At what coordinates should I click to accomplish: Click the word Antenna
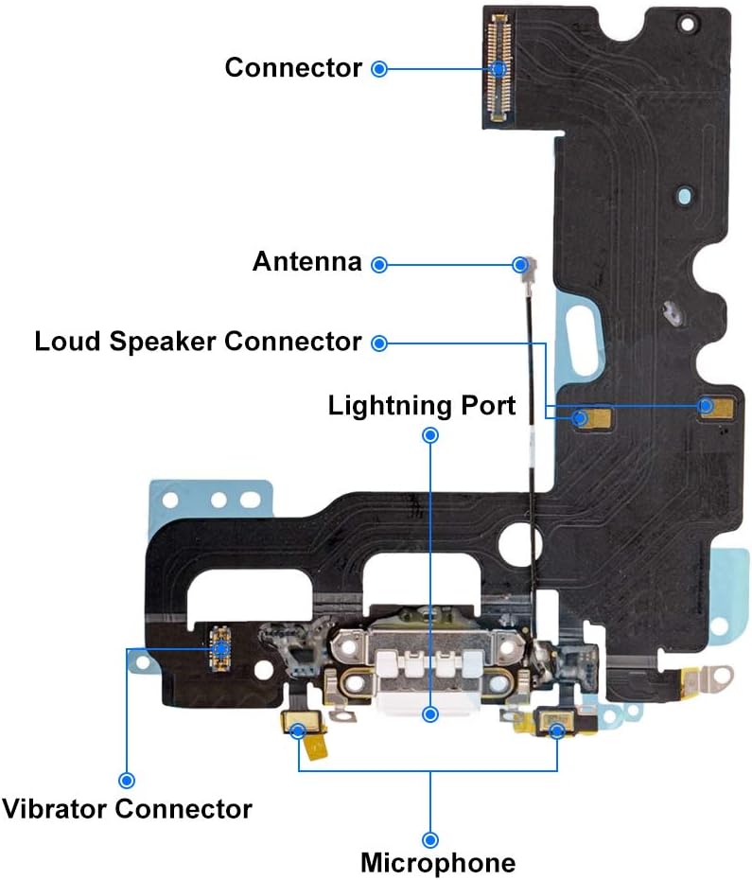tap(307, 261)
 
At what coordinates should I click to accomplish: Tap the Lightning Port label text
tap(422, 405)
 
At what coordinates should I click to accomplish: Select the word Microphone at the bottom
tap(438, 863)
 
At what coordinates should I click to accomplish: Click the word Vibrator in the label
tap(56, 809)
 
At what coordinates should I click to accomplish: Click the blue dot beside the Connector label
tap(379, 69)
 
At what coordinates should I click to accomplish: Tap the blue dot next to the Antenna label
tap(379, 264)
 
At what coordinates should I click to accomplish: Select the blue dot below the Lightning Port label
tap(430, 435)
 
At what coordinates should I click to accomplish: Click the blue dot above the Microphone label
tap(430, 839)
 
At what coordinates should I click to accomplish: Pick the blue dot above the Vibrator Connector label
tap(127, 780)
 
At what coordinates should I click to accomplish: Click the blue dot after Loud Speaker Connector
tap(379, 343)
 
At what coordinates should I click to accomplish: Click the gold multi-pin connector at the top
tap(498, 68)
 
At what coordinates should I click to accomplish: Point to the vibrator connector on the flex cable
tap(221, 649)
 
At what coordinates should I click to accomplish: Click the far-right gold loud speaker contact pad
tap(716, 406)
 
